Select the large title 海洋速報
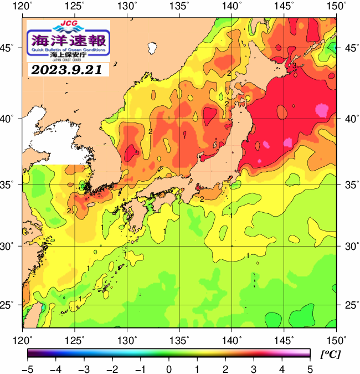coord(68,40)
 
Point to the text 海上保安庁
coord(68,55)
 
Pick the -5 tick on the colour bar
coord(27,369)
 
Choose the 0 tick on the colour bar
coord(168,369)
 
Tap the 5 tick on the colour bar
coord(310,369)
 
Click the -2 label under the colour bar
coord(111,369)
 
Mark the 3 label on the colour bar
coord(253,369)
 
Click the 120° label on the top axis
coord(23,6)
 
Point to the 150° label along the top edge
coord(337,6)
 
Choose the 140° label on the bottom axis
coord(232,339)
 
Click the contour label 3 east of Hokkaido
coord(295,66)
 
